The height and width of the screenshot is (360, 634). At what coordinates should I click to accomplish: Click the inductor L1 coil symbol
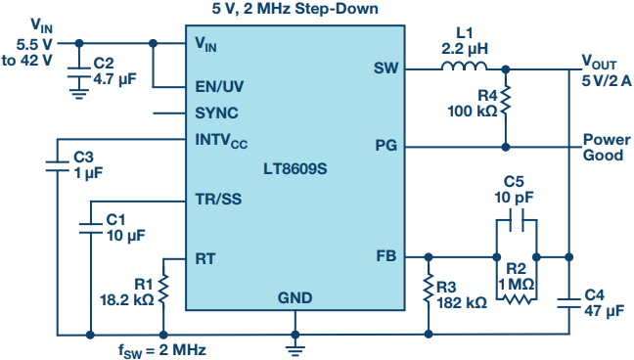tap(464, 67)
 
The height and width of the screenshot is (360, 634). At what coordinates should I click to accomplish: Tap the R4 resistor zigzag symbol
tap(506, 101)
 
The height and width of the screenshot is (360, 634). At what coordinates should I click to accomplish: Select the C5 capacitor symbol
tap(517, 220)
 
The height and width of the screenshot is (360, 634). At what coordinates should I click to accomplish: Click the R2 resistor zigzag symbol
tap(517, 299)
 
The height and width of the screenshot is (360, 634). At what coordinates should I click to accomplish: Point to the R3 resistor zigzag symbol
tap(429, 289)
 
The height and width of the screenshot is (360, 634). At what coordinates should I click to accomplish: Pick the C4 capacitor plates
tap(568, 303)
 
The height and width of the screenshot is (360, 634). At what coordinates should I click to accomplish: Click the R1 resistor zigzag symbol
tap(163, 290)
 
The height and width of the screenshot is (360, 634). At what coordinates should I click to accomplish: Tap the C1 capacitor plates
tap(91, 228)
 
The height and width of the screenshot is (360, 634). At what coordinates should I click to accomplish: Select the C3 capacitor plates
tap(57, 166)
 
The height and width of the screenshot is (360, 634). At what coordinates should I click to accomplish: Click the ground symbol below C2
tap(79, 93)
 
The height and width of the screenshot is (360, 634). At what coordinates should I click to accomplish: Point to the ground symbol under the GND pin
tap(295, 350)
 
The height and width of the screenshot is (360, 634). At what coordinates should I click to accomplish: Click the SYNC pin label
tap(217, 112)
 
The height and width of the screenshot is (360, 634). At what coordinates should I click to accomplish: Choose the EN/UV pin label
tap(219, 86)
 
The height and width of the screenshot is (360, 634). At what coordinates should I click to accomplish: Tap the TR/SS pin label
tap(218, 199)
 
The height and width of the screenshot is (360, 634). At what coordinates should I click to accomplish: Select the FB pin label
tap(386, 256)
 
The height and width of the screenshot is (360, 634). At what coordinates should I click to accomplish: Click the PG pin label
tap(386, 146)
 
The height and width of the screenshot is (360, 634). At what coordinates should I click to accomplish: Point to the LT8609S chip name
tap(295, 168)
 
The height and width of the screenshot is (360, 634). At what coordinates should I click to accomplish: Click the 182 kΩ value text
tap(462, 302)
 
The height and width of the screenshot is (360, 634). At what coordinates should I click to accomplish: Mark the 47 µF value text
tap(604, 311)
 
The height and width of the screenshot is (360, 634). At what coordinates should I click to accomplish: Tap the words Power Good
tap(607, 148)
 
